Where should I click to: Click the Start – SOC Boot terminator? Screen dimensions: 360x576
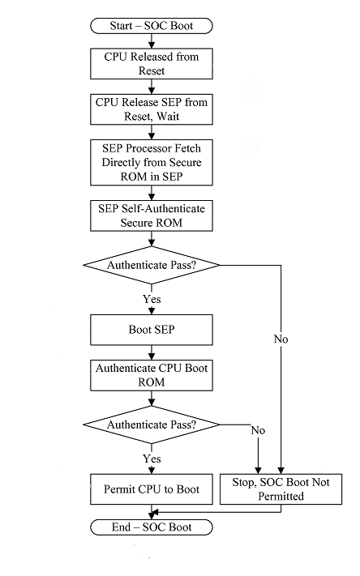coord(152,26)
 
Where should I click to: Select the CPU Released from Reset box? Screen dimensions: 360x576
coord(152,63)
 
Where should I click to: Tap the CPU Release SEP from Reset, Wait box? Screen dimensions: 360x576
coord(152,109)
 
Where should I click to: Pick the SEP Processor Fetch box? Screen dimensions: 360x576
coord(152,162)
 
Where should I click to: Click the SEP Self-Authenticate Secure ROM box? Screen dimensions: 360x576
coord(152,215)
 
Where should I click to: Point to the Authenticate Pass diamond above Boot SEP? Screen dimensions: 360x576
coord(152,265)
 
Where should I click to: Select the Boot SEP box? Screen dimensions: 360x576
coord(152,330)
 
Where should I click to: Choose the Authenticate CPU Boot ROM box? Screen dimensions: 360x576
coord(152,375)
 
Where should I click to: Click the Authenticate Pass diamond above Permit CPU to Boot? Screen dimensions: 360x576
coord(152,425)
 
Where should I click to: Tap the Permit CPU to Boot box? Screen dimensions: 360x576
coord(152,489)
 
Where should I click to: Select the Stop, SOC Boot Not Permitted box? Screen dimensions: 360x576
coord(281,489)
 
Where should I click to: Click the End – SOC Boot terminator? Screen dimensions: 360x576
coord(152,527)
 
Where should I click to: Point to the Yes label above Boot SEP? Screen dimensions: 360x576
coord(152,299)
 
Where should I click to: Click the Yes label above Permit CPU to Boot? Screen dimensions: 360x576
coord(152,459)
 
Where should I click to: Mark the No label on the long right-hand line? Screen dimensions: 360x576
coord(281,339)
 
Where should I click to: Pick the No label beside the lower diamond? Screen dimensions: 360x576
coord(258,430)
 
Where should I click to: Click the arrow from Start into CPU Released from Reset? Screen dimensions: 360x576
coord(152,41)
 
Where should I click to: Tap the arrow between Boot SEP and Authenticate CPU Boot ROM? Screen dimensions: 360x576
coord(152,352)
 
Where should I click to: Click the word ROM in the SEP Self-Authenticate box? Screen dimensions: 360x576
coord(169,223)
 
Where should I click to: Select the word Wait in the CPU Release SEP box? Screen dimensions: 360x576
coord(168,116)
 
